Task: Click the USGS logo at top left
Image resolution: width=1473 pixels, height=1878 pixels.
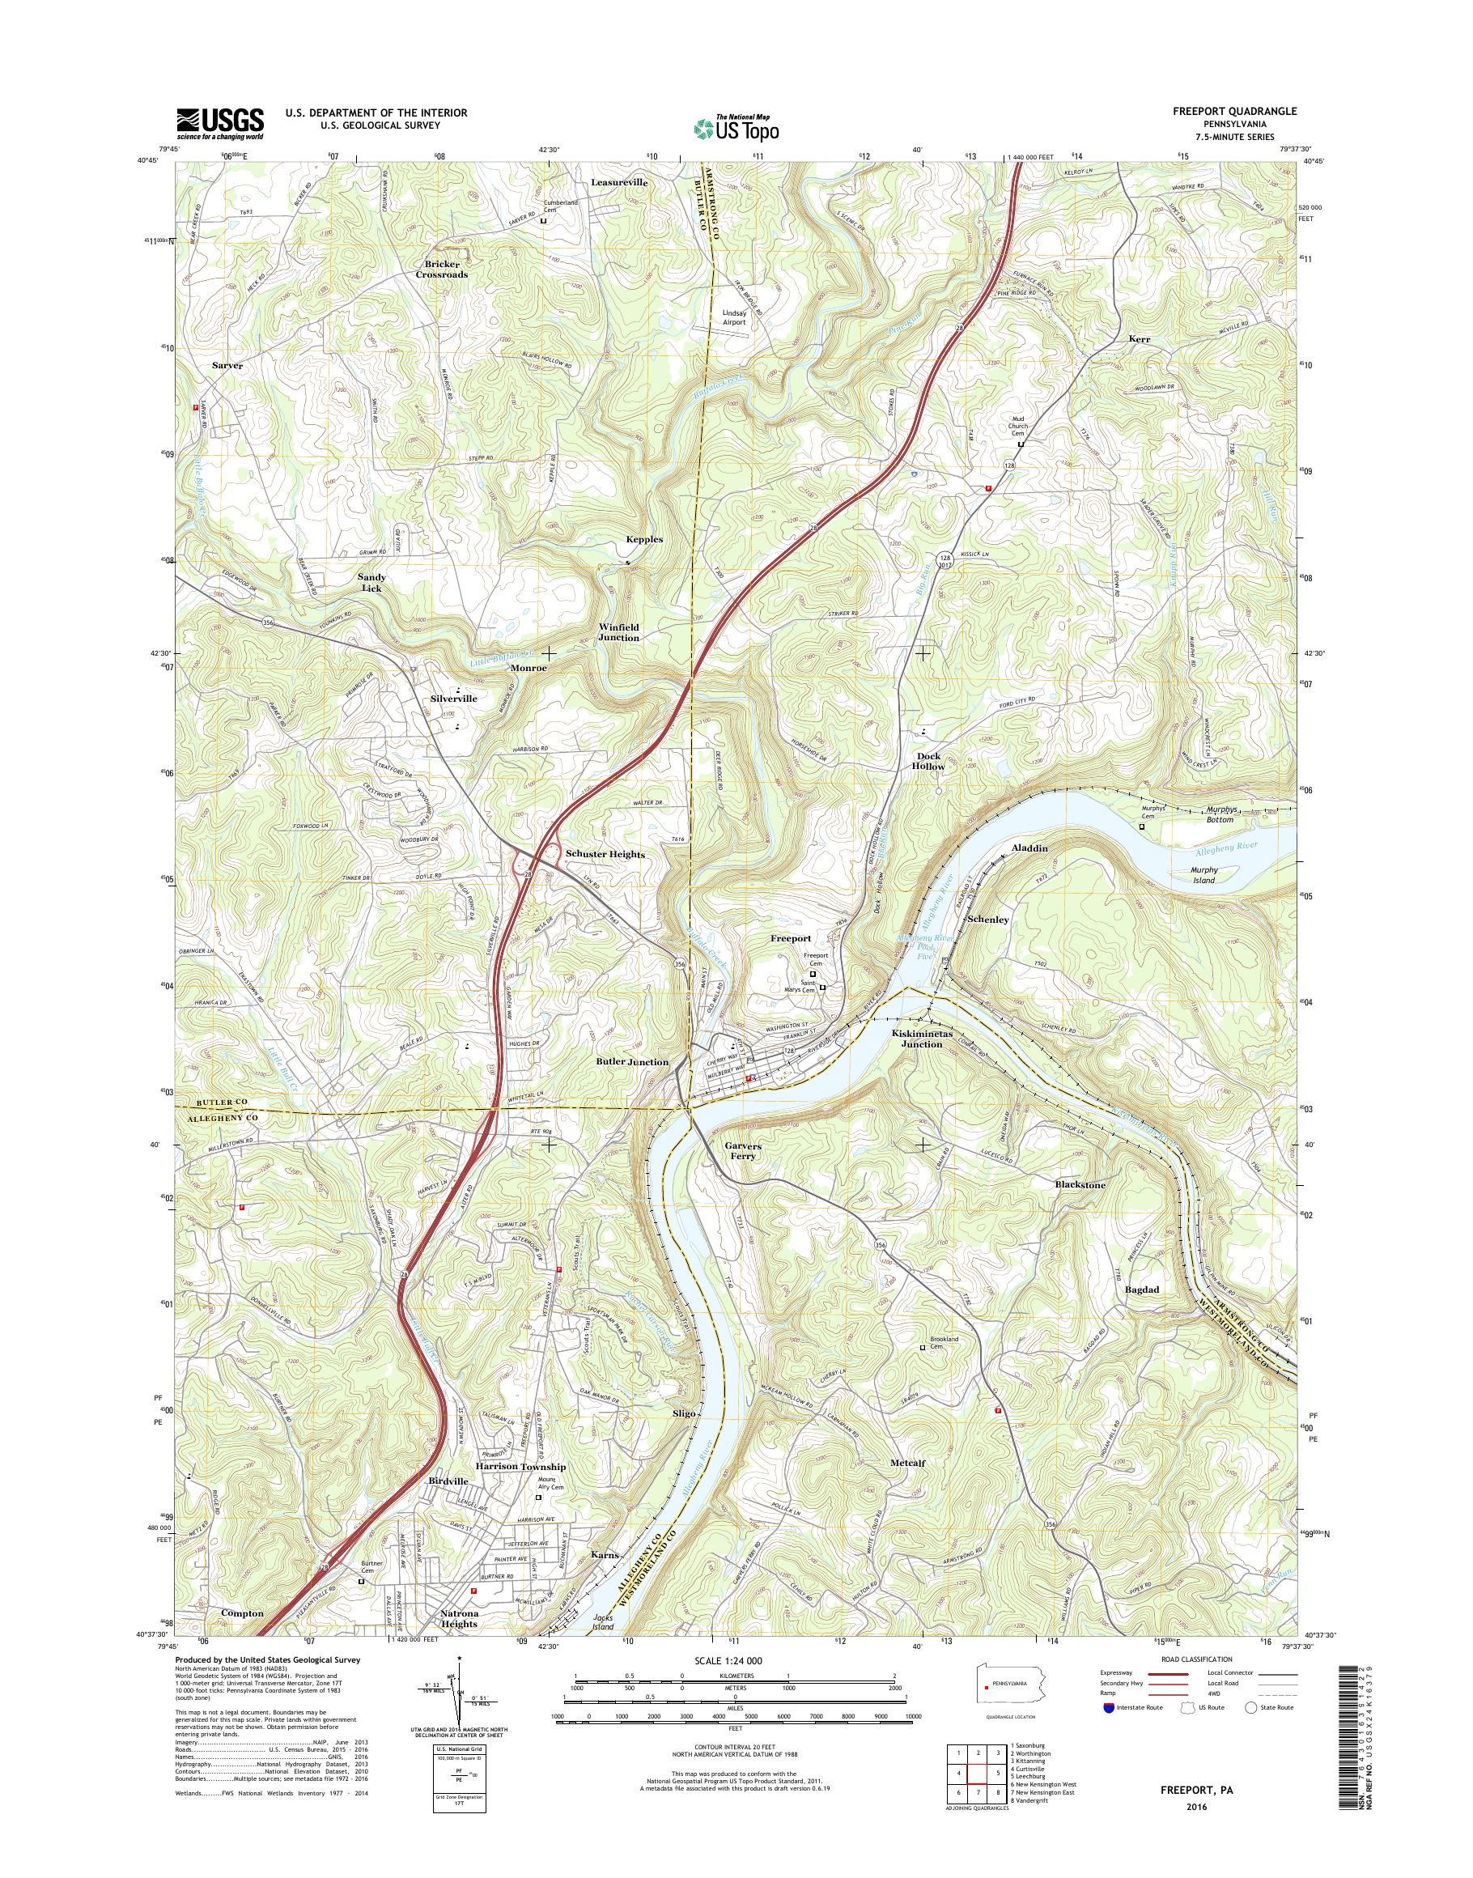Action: pos(220,123)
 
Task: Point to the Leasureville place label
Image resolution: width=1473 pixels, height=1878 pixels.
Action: pos(619,183)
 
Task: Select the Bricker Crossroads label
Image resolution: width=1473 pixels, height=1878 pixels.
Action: pos(445,268)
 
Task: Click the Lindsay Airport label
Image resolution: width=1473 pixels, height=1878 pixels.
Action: pos(734,317)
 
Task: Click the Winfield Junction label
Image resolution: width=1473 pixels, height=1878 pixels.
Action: pos(619,631)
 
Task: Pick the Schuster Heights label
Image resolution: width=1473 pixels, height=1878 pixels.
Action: pos(605,854)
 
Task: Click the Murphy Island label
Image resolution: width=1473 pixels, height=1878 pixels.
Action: pos(1203,875)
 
